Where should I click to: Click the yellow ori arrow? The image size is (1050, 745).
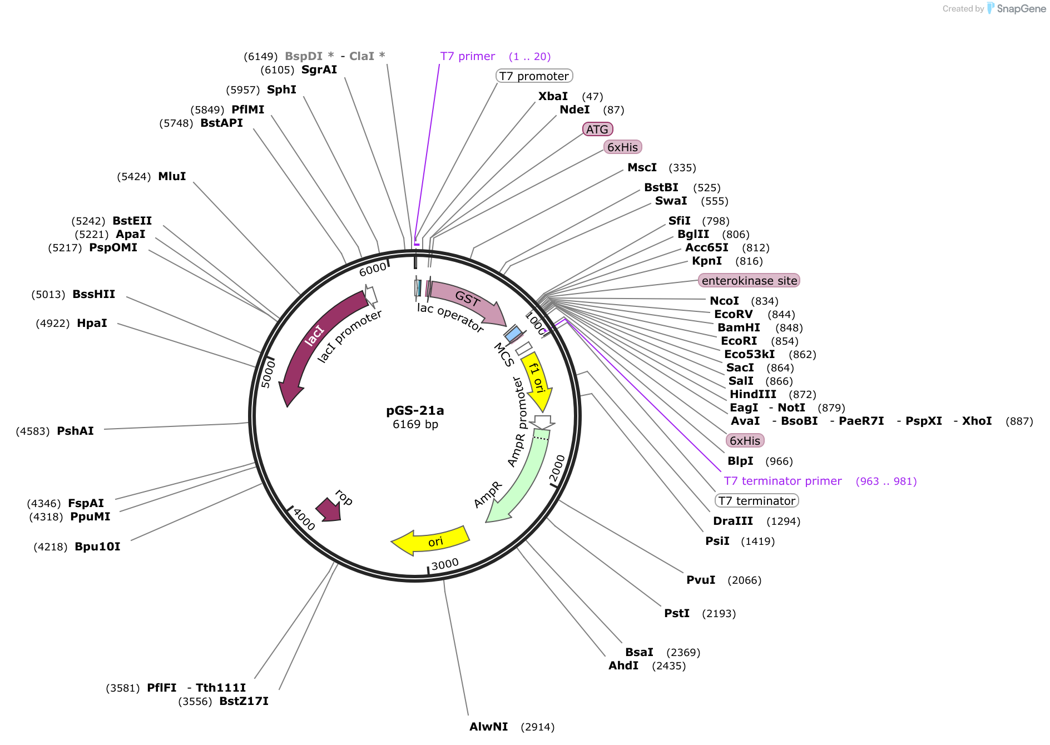(x=431, y=541)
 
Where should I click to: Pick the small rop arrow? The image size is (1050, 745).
(x=329, y=509)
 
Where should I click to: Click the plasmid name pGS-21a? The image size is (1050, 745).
(x=415, y=410)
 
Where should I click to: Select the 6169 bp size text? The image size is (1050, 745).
(x=415, y=424)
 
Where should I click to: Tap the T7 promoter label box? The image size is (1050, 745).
(x=534, y=76)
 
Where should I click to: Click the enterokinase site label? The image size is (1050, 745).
(x=749, y=280)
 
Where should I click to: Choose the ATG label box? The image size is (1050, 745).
(x=597, y=129)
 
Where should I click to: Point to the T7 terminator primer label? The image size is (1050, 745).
(x=782, y=481)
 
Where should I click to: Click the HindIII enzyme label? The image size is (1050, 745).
(x=752, y=394)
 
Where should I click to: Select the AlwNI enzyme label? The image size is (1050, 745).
(x=488, y=727)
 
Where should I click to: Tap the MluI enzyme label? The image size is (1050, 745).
(x=172, y=176)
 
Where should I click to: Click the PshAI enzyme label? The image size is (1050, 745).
(x=75, y=431)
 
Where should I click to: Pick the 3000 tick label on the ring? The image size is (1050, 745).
(x=445, y=564)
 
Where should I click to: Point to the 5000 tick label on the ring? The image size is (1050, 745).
(x=268, y=373)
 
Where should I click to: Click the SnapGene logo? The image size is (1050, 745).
(x=1017, y=8)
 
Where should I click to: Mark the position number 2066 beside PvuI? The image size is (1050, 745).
(x=744, y=580)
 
